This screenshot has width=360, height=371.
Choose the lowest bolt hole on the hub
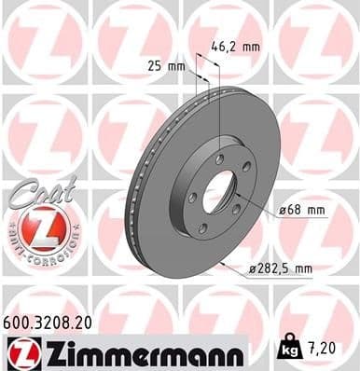(x=202, y=228)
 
